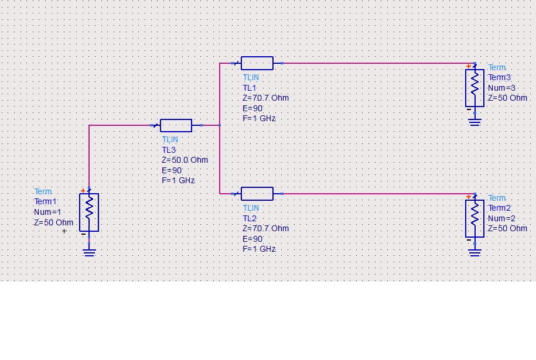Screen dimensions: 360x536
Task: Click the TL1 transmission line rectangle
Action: tap(257, 63)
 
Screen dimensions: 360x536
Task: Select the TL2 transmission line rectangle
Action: tap(257, 193)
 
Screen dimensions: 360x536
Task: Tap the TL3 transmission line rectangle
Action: tap(176, 125)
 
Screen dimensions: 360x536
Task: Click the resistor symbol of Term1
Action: tap(89, 212)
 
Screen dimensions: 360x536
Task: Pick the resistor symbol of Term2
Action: tap(474, 218)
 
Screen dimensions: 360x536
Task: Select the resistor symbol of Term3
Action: tap(474, 88)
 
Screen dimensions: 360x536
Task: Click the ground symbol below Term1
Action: tap(89, 252)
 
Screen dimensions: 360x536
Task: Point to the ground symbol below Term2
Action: tap(474, 252)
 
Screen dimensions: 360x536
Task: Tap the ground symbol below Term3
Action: tap(474, 121)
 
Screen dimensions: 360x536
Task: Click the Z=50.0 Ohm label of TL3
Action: tap(185, 160)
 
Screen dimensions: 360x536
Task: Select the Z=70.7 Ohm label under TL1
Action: tap(265, 98)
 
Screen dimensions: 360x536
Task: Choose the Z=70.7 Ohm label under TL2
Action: tap(265, 228)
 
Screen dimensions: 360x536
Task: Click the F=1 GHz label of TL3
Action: tap(178, 181)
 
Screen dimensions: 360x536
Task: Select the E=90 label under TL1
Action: tap(252, 108)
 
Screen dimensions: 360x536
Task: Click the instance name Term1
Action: tap(46, 202)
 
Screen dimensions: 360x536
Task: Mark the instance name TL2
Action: tap(250, 218)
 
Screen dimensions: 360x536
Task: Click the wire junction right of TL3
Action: tap(220, 125)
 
